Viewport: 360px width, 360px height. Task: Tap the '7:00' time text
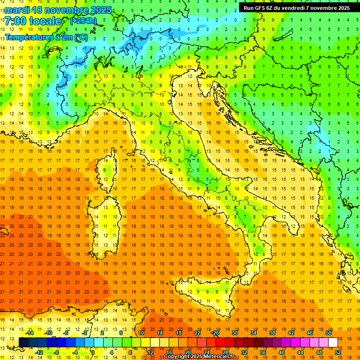coord(15,21)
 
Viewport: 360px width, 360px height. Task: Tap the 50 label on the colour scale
coord(328,332)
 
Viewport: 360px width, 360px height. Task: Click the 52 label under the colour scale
coord(337,352)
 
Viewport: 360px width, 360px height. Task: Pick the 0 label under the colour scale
coord(93,352)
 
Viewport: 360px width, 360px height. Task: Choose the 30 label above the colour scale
coord(234,332)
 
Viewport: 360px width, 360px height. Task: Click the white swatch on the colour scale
coord(333,342)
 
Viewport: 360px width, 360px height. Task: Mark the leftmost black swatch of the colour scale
coord(23,342)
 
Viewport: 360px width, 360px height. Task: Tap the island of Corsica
coord(109,169)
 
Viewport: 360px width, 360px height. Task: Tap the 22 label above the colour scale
coord(197,332)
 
